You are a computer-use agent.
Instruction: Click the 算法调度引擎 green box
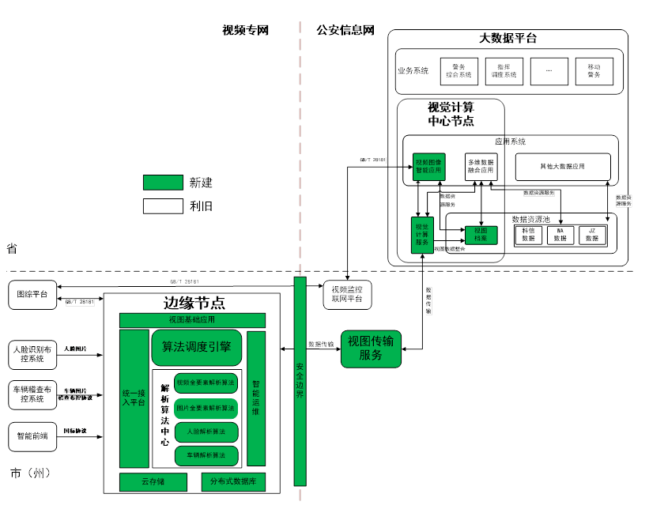[196, 346]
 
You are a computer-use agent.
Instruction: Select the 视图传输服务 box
[371, 349]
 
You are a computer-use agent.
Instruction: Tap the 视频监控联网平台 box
[347, 294]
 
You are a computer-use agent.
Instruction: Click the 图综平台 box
[32, 296]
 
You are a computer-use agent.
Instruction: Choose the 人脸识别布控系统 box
[32, 353]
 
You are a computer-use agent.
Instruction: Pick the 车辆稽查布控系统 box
[32, 394]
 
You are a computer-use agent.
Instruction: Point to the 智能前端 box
[32, 435]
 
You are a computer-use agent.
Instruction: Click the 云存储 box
[153, 481]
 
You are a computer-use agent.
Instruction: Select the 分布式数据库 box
[233, 481]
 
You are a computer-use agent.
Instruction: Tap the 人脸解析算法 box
[206, 432]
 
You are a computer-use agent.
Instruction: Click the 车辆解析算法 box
[206, 455]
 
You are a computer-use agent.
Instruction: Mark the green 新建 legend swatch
[163, 183]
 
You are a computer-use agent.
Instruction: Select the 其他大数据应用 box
[563, 167]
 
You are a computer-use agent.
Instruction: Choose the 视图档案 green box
[481, 234]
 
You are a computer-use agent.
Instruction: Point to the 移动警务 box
[594, 71]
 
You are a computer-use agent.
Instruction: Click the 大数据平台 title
[508, 38]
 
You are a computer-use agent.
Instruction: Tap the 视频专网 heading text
[246, 31]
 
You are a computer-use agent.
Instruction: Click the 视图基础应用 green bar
[192, 320]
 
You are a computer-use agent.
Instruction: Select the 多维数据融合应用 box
[481, 167]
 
